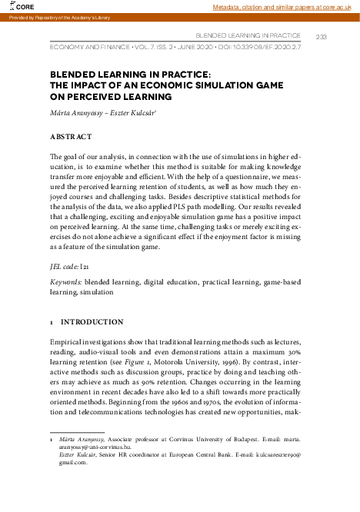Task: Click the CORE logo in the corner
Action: pyautogui.click(x=17, y=6)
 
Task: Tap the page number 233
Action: pyautogui.click(x=322, y=36)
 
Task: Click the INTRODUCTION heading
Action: pyautogui.click(x=92, y=322)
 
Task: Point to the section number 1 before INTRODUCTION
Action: pyautogui.click(x=51, y=322)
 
